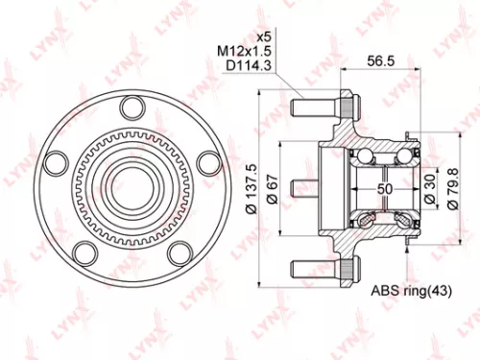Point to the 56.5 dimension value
coord(382,60)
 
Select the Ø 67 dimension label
coord(274,184)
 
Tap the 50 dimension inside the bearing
coord(383,189)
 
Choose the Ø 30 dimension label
coord(428,183)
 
